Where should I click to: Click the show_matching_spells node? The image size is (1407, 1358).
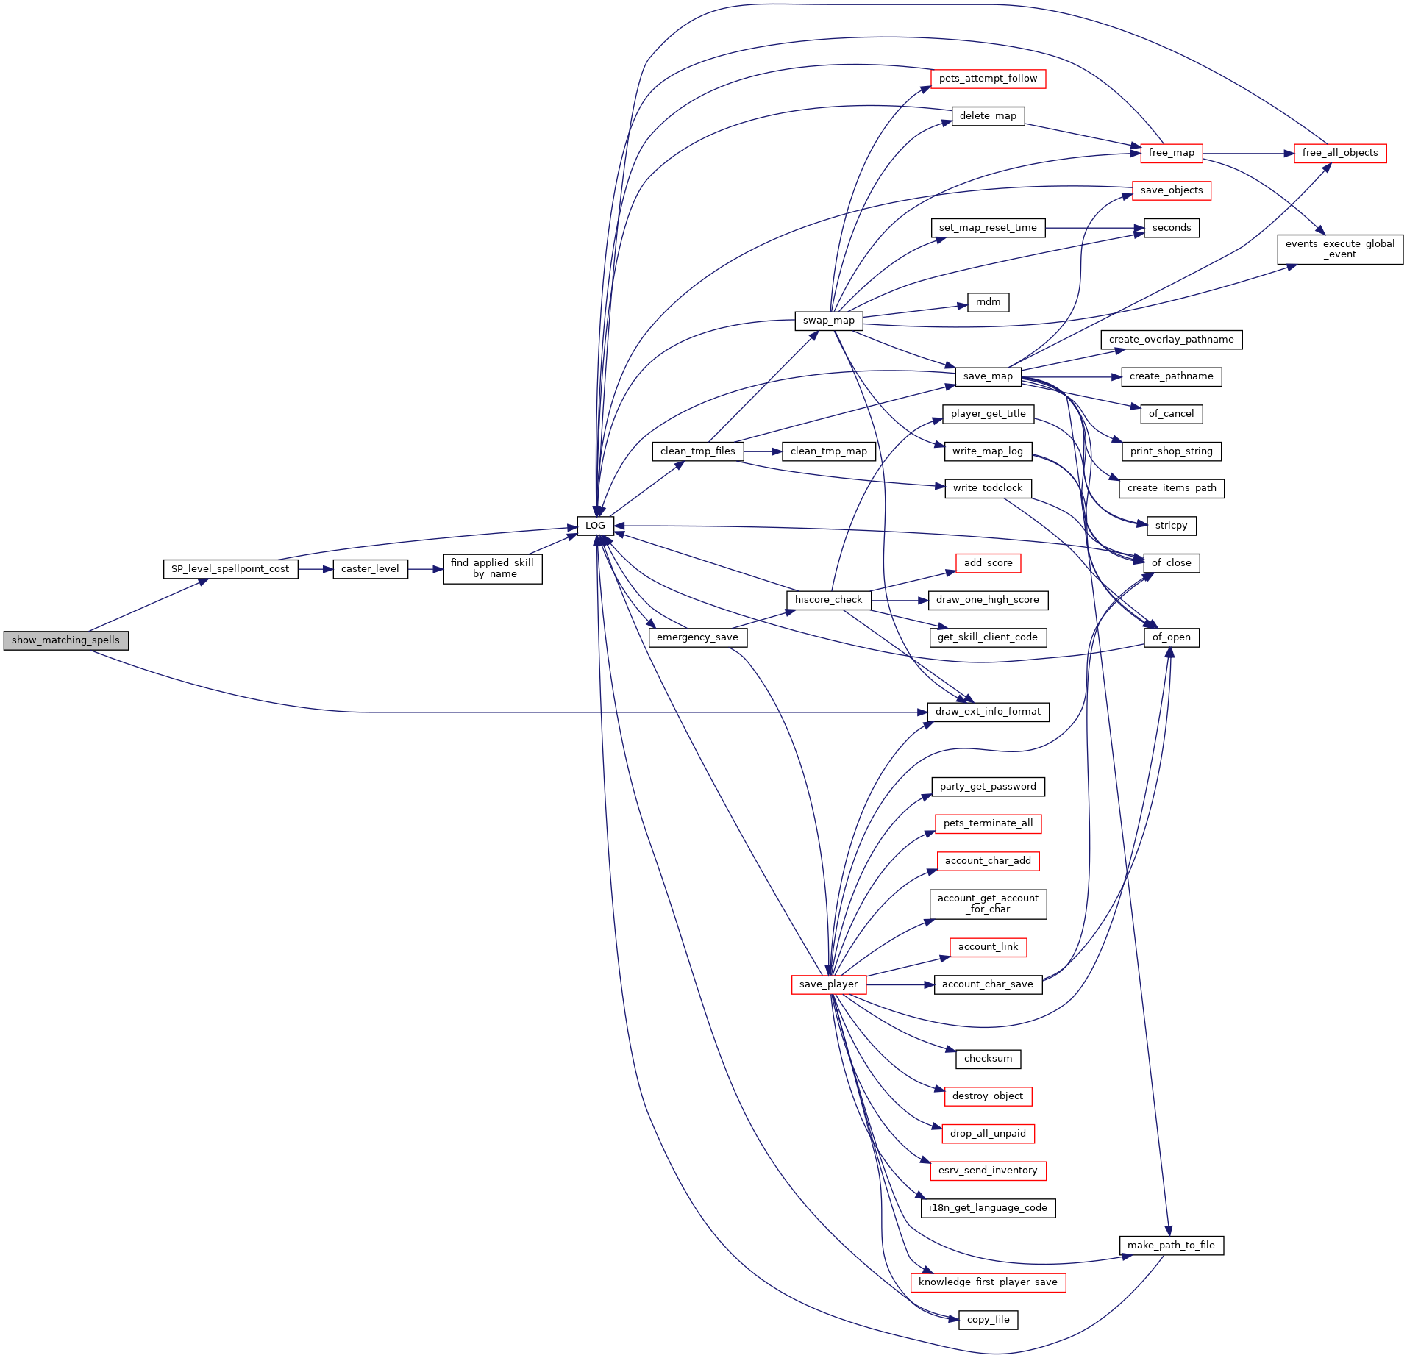pyautogui.click(x=65, y=640)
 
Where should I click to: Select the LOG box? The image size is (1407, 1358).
pyautogui.click(x=595, y=526)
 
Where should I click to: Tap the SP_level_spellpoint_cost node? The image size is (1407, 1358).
pyautogui.click(x=230, y=569)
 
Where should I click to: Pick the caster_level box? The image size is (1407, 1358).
pyautogui.click(x=370, y=569)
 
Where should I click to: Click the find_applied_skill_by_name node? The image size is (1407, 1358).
pyautogui.click(x=492, y=569)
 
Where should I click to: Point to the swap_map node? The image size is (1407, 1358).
pyautogui.click(x=828, y=321)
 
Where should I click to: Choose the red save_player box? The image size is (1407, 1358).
pyautogui.click(x=829, y=984)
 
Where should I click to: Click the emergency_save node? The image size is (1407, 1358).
pyautogui.click(x=697, y=637)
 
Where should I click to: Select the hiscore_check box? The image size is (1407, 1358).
pyautogui.click(x=828, y=600)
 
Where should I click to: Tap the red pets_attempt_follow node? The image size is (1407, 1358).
pyautogui.click(x=988, y=79)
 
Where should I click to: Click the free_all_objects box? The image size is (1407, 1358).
pyautogui.click(x=1340, y=153)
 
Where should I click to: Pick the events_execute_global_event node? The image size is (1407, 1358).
pyautogui.click(x=1340, y=249)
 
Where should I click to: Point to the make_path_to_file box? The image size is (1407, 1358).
pyautogui.click(x=1171, y=1246)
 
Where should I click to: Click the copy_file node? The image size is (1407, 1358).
pyautogui.click(x=988, y=1320)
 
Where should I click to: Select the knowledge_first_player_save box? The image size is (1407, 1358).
pyautogui.click(x=988, y=1282)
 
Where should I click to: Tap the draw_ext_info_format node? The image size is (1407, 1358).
pyautogui.click(x=988, y=712)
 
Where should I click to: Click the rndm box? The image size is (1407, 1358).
pyautogui.click(x=988, y=302)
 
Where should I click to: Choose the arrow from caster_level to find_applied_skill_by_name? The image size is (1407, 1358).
pyautogui.click(x=425, y=569)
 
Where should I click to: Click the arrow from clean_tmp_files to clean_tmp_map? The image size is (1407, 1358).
pyautogui.click(x=763, y=451)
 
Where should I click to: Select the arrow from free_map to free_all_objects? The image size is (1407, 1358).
pyautogui.click(x=1249, y=154)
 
